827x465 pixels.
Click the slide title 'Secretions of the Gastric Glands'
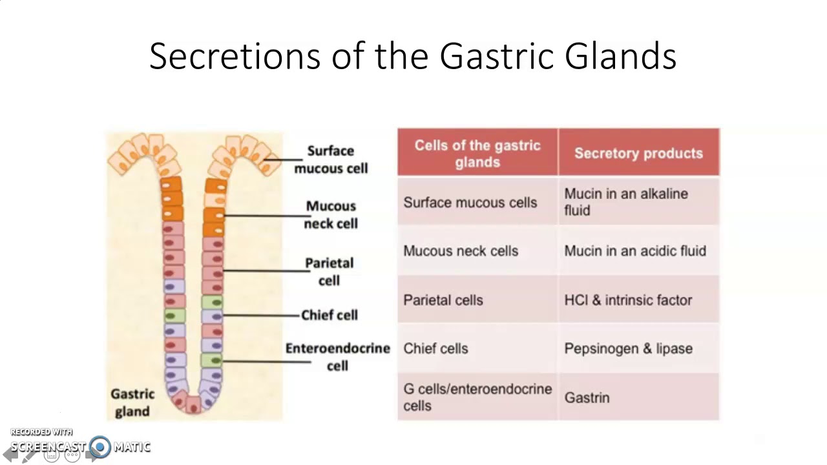[x=413, y=56]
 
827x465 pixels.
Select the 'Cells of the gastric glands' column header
[x=477, y=153]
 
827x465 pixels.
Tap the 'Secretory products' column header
[x=638, y=153]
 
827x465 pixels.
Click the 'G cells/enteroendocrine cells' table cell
[x=477, y=397]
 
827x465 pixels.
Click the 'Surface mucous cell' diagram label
[x=331, y=160]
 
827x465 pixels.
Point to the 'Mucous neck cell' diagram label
[x=331, y=214]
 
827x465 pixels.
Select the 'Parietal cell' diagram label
[x=330, y=271]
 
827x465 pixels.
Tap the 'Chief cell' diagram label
[x=330, y=315]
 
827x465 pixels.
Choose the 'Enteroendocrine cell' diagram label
[x=338, y=356]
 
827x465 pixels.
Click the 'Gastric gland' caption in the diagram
[x=132, y=402]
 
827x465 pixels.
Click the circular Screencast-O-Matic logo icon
[x=100, y=446]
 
